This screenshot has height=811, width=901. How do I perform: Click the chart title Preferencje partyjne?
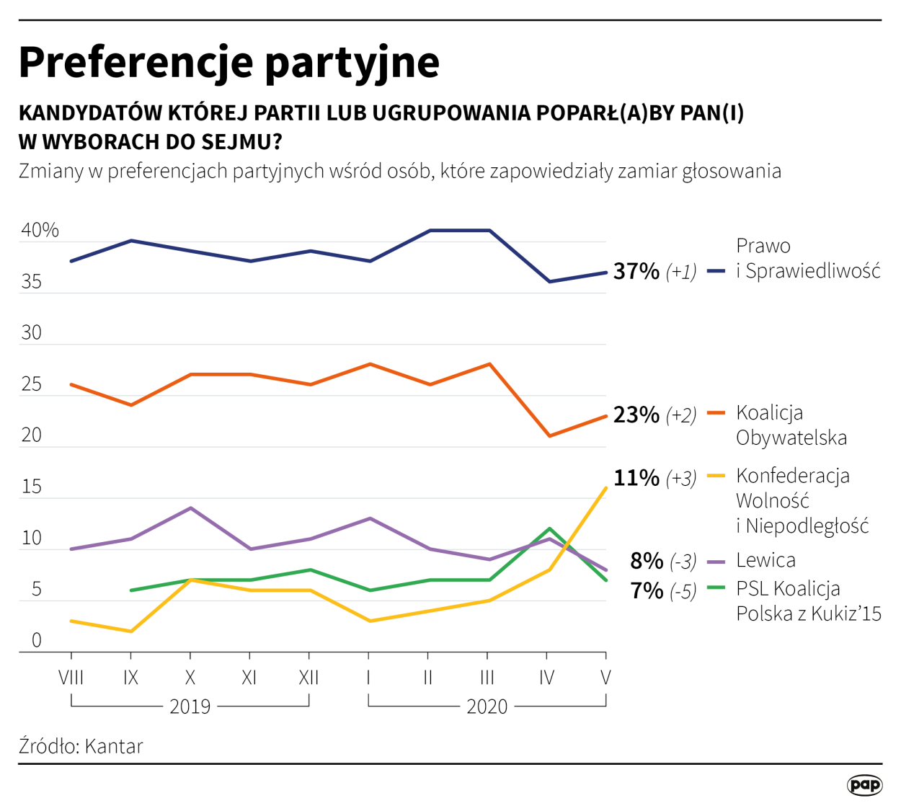(x=228, y=62)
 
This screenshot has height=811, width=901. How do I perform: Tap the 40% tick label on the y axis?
(x=40, y=230)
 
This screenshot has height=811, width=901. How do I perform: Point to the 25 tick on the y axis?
(x=32, y=384)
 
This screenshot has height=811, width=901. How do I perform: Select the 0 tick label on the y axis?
(x=36, y=640)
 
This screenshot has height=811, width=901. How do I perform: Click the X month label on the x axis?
(x=190, y=678)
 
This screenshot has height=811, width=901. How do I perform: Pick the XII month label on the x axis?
(x=309, y=678)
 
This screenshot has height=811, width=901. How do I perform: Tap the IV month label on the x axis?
(x=546, y=678)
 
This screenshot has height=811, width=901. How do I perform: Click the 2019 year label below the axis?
(x=190, y=706)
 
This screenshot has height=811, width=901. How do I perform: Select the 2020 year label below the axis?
(x=487, y=706)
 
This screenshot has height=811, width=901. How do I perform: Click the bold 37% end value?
(x=636, y=271)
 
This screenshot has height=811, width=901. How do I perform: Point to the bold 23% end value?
(x=636, y=415)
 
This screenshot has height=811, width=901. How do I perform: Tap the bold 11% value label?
(x=636, y=478)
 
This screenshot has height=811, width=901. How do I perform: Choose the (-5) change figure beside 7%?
(x=683, y=592)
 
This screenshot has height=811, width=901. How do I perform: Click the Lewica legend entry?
(x=765, y=560)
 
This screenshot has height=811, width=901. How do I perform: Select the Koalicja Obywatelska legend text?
(x=791, y=425)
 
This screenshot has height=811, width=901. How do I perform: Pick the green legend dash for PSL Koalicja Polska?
(x=716, y=588)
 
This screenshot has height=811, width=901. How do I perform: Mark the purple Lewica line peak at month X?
(x=190, y=508)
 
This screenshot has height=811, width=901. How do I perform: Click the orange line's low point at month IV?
(x=549, y=436)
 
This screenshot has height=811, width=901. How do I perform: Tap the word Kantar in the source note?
(x=114, y=745)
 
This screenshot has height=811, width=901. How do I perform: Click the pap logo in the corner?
(x=864, y=784)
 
